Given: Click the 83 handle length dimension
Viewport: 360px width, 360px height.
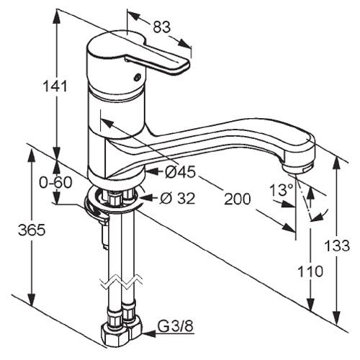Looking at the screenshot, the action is click(x=162, y=27).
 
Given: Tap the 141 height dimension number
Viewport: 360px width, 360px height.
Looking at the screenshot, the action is click(x=55, y=86).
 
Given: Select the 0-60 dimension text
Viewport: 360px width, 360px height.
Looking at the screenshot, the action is click(x=55, y=182).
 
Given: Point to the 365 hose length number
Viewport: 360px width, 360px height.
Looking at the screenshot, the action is click(x=32, y=230).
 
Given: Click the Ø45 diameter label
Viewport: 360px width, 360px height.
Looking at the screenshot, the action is click(x=180, y=172).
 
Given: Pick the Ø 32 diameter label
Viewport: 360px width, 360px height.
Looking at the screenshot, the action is click(x=178, y=198).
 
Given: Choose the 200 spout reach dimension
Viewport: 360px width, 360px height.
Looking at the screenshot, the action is click(x=237, y=199).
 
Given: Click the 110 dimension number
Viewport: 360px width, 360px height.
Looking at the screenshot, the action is click(x=310, y=271).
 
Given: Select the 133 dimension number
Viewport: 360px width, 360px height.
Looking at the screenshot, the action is click(x=337, y=246).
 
